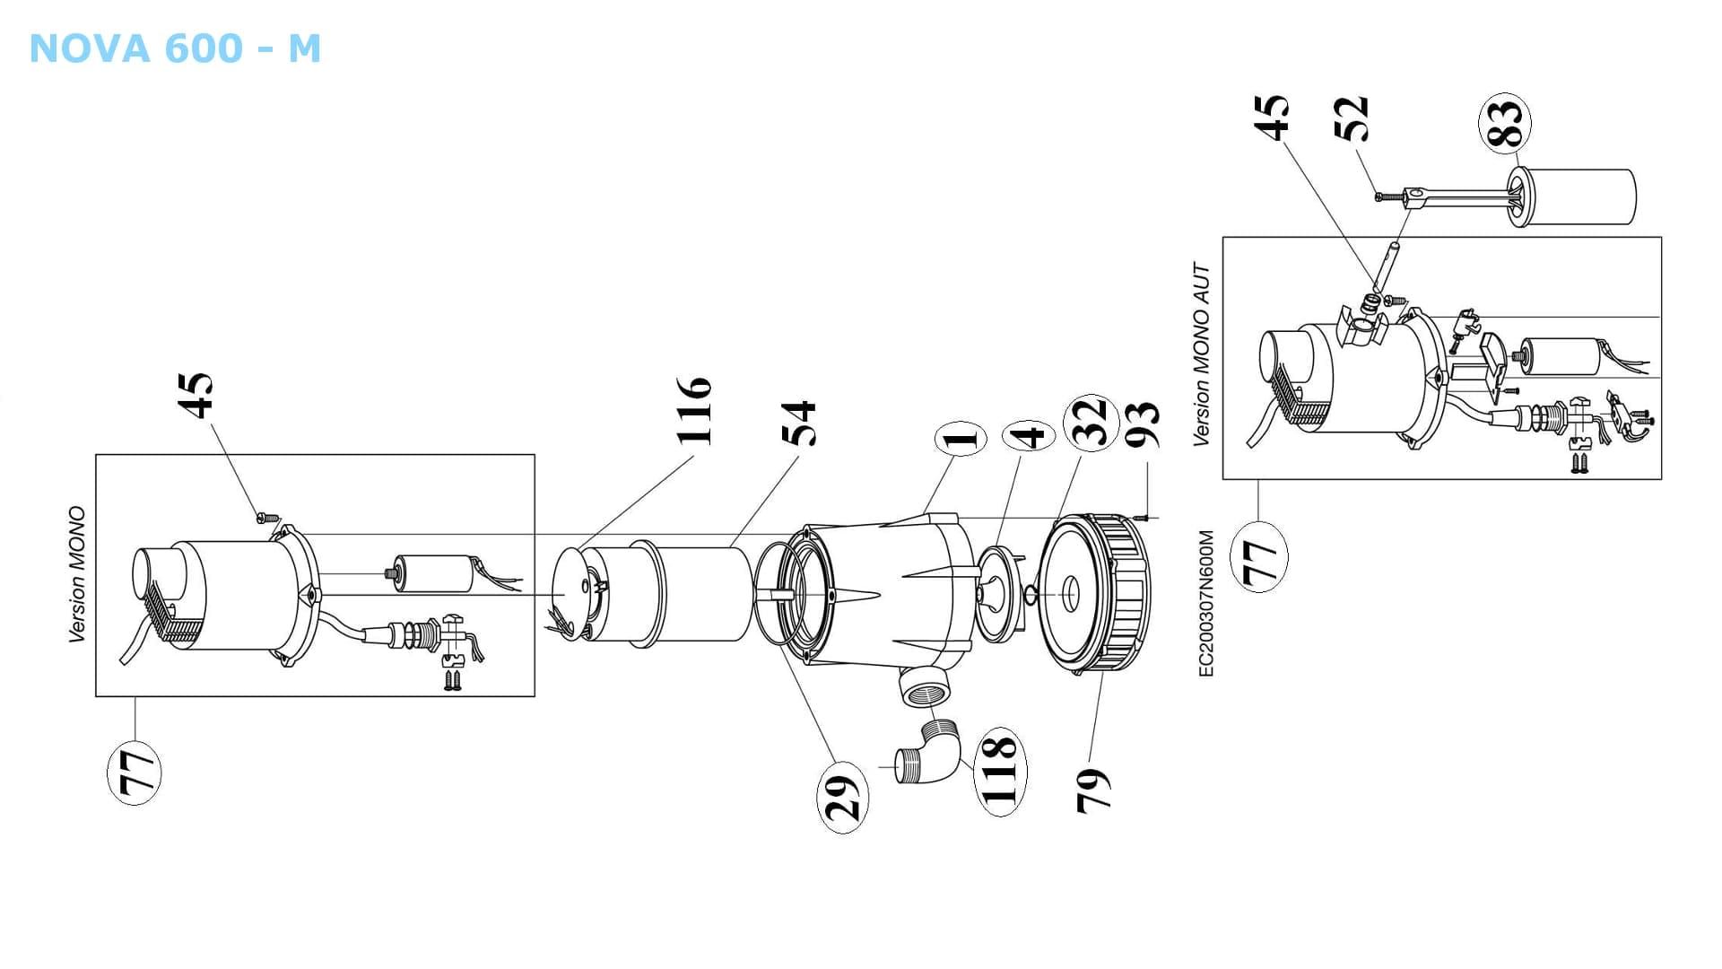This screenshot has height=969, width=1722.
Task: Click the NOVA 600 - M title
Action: click(x=175, y=48)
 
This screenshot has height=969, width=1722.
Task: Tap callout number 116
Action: click(x=694, y=411)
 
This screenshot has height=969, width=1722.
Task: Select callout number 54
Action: click(x=799, y=423)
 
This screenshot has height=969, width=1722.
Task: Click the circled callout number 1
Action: click(x=961, y=439)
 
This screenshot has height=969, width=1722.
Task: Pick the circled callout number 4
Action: click(x=1028, y=436)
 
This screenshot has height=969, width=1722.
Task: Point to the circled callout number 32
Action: click(x=1091, y=422)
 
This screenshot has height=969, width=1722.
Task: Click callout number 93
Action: click(x=1143, y=423)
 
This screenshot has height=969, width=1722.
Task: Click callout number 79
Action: click(x=1092, y=790)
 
